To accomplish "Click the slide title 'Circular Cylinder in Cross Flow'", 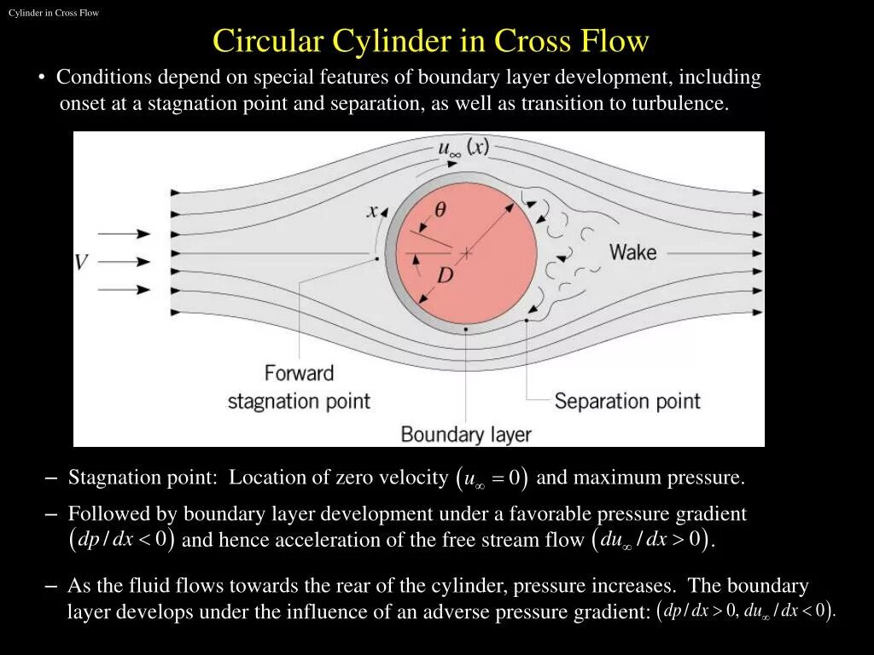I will tap(430, 42).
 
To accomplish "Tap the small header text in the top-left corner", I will tap(54, 13).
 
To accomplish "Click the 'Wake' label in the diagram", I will tap(632, 252).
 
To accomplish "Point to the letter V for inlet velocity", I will tap(82, 262).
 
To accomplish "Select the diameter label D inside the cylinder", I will tap(445, 276).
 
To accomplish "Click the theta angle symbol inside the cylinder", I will tap(440, 210).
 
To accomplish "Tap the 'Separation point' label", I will tap(627, 401).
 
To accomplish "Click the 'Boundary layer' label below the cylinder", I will tap(466, 434).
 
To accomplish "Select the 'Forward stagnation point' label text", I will tap(299, 387).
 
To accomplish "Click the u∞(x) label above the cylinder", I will tap(463, 148).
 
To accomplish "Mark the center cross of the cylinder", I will tap(466, 253).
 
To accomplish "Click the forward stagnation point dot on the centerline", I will tap(376, 258).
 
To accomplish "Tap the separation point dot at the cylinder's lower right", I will tap(527, 320).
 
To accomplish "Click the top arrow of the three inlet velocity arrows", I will tap(125, 234).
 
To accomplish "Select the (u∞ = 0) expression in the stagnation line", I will tap(492, 478).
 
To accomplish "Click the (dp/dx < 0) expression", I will tap(121, 540).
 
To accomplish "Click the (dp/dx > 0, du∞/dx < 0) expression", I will tap(747, 611).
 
